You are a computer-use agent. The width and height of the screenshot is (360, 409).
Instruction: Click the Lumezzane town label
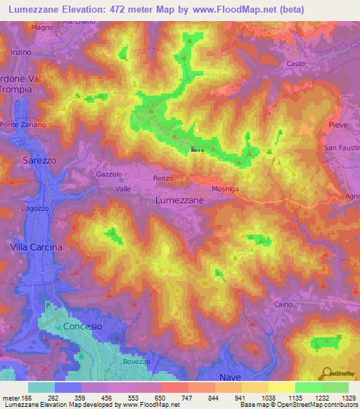coord(179,200)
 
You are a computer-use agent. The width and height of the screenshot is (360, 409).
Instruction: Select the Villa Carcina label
coord(36,247)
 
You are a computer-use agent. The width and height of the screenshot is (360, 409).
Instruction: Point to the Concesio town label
coord(82,327)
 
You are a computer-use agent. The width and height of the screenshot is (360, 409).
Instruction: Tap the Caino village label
coord(283,304)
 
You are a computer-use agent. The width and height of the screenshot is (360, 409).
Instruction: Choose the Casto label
coord(295,64)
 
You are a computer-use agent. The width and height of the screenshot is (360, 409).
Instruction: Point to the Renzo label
coord(163,178)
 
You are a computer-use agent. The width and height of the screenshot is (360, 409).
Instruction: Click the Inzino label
coord(22,53)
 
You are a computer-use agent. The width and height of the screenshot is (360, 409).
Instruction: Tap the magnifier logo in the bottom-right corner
coord(326,373)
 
